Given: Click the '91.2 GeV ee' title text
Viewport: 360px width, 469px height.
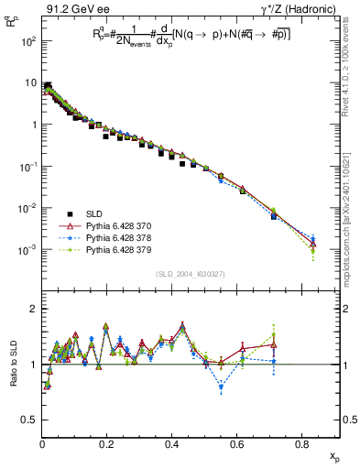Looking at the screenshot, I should click(75, 10).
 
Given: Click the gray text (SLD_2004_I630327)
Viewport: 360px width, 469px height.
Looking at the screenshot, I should click(191, 274).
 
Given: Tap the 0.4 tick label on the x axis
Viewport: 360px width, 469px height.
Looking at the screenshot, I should click(172, 444).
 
